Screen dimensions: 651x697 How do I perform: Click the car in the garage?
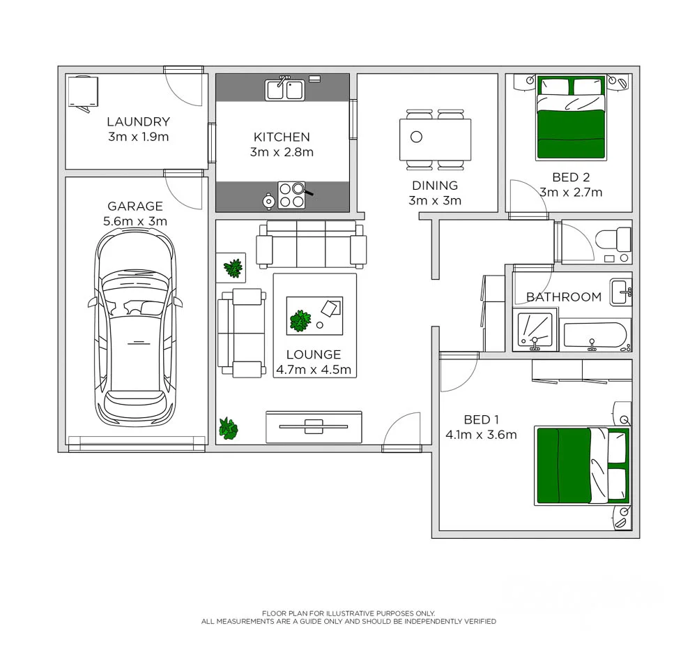tap(135, 328)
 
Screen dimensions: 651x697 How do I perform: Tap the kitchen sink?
tap(284, 90)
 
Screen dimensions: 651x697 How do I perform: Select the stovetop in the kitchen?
tap(291, 195)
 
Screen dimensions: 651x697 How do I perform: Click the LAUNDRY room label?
tap(138, 122)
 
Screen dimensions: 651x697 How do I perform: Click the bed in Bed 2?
tap(570, 118)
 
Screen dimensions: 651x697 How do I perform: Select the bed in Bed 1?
tap(582, 465)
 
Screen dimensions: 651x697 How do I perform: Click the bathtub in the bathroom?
tap(595, 336)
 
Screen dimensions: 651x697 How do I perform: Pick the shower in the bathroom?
tap(535, 331)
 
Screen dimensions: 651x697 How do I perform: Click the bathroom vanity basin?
tap(621, 291)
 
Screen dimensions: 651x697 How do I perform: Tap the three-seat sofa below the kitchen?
tap(311, 244)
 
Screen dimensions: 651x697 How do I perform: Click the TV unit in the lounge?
tap(314, 426)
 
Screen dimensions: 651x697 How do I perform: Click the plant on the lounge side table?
tap(233, 267)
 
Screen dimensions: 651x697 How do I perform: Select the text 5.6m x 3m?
tap(135, 221)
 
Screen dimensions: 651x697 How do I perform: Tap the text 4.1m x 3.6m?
tap(481, 435)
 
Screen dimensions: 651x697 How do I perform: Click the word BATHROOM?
tap(563, 297)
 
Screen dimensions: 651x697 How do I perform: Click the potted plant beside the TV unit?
tap(228, 428)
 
